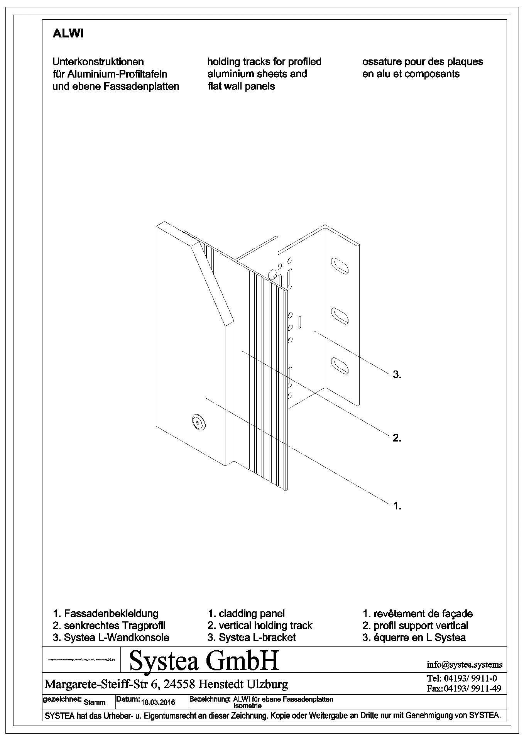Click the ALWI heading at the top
point(68,34)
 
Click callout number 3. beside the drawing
point(397,374)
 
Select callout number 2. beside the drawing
point(397,438)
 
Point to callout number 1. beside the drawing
point(397,506)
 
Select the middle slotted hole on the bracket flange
point(340,316)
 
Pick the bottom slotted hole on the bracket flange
point(340,365)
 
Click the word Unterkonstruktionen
point(98,62)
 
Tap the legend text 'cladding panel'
point(252,613)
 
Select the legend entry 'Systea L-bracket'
point(257,637)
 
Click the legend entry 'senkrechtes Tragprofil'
point(115,625)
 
